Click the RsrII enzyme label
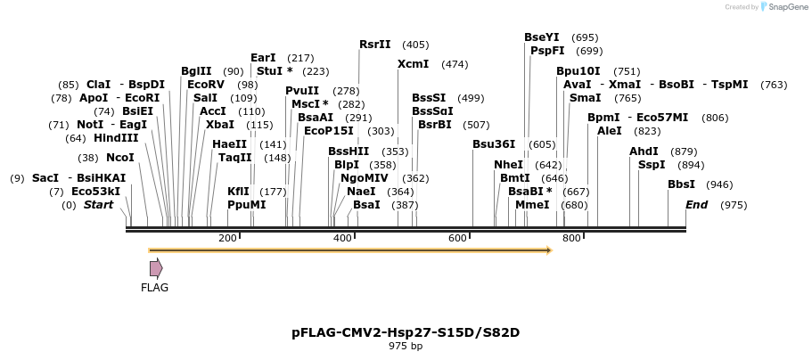[x=374, y=45]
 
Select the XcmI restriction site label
[x=413, y=64]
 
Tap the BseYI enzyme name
[x=541, y=37]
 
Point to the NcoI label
[x=120, y=158]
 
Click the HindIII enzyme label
[x=116, y=138]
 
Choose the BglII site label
[x=196, y=71]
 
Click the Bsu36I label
[x=494, y=144]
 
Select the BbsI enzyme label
[x=682, y=184]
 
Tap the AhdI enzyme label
[x=644, y=151]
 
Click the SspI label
[x=652, y=165]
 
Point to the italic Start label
[x=98, y=205]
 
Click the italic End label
[x=696, y=205]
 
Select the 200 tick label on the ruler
[x=227, y=238]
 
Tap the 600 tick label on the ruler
[x=457, y=238]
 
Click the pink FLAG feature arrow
[x=156, y=268]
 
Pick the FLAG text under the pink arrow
[x=154, y=288]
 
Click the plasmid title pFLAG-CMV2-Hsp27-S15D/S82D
[x=406, y=332]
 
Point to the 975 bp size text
[x=406, y=346]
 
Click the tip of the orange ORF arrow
[x=551, y=250]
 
